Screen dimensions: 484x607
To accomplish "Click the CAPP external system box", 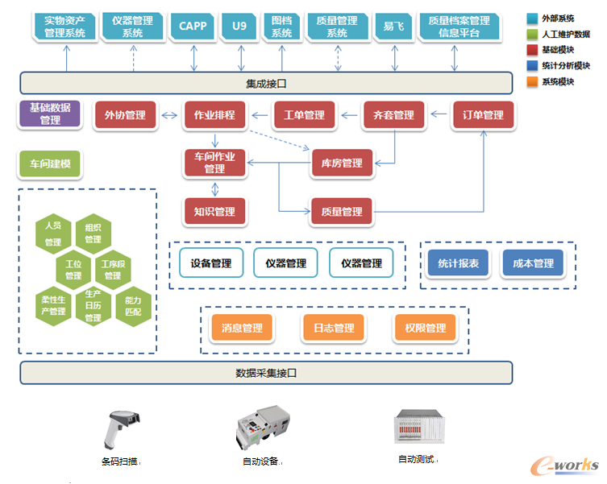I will (x=193, y=26).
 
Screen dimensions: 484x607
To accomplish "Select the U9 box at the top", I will (x=239, y=26).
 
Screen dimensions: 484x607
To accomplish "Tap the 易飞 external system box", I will (x=394, y=26).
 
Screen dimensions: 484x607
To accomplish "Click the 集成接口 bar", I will (x=266, y=83).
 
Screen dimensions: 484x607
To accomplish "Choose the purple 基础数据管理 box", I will (x=50, y=114).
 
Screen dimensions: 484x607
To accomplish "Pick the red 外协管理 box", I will (x=125, y=115).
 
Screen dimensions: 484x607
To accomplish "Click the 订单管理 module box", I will (x=483, y=115).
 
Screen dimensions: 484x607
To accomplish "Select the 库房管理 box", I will (x=341, y=163).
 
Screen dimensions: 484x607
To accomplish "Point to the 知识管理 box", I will (x=214, y=212).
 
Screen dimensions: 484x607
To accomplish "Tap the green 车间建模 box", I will (x=50, y=163).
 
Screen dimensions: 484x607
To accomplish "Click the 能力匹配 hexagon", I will (x=133, y=305).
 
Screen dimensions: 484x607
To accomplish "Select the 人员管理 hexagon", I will (x=53, y=234).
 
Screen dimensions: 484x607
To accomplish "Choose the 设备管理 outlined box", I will (x=210, y=263).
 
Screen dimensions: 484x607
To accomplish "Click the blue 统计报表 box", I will (x=458, y=263).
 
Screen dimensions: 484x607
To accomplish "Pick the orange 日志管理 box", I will (x=334, y=328).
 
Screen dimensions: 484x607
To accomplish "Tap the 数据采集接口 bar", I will (x=266, y=373).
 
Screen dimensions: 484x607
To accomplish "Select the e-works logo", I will (x=563, y=465).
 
